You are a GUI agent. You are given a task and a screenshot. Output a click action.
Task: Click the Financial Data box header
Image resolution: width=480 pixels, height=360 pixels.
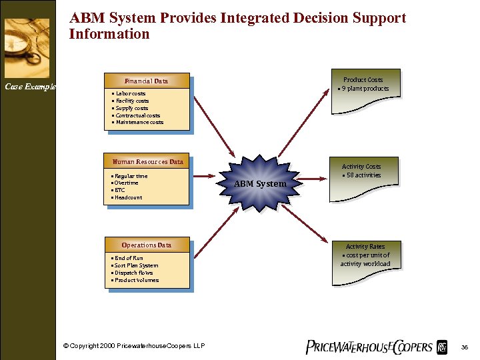click(x=146, y=81)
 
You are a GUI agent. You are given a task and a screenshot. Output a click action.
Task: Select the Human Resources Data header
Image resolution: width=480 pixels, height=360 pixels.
click(x=147, y=161)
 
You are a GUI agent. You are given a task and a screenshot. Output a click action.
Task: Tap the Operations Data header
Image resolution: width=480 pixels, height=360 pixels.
click(x=147, y=245)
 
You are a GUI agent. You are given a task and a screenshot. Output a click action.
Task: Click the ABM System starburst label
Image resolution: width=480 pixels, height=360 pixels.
click(x=260, y=183)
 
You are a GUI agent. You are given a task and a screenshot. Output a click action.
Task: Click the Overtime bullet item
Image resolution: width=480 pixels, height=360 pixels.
click(x=126, y=183)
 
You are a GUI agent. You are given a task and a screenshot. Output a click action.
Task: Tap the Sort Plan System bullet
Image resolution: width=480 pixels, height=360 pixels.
click(x=136, y=265)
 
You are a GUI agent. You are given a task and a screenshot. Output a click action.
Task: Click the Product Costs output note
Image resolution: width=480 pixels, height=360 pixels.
click(x=363, y=83)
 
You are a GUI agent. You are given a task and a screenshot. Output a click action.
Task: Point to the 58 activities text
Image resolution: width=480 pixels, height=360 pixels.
click(x=363, y=175)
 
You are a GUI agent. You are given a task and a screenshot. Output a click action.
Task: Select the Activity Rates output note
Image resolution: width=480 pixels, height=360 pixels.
click(x=365, y=255)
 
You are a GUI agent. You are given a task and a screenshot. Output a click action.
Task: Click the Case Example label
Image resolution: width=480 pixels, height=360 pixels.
click(x=30, y=86)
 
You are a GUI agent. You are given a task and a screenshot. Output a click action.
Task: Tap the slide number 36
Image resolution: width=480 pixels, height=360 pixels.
click(x=465, y=347)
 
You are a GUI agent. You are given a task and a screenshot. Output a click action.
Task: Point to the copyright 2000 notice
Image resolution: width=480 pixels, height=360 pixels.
click(x=133, y=345)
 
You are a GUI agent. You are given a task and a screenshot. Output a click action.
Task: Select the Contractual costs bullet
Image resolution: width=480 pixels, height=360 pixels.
click(x=137, y=115)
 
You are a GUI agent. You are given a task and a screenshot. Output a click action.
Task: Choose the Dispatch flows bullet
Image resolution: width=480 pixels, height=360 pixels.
click(x=133, y=273)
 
